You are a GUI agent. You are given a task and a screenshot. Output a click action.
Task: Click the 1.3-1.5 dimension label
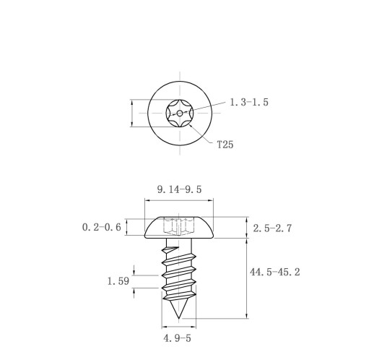pyautogui.click(x=249, y=102)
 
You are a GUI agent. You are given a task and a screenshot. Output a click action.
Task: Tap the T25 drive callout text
pyautogui.click(x=225, y=145)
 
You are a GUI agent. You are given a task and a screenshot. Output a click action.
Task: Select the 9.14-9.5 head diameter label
pyautogui.click(x=179, y=189)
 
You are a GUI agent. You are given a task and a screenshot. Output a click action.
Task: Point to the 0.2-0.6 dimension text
pyautogui.click(x=102, y=227)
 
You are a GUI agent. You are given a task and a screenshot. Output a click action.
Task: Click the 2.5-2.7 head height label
pyautogui.click(x=272, y=228)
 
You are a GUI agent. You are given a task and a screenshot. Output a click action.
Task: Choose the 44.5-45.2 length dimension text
pyautogui.click(x=275, y=272)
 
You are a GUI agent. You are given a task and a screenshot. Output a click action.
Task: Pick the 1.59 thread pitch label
pyautogui.click(x=118, y=281)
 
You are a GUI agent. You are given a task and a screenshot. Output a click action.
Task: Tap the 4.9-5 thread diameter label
pyautogui.click(x=177, y=338)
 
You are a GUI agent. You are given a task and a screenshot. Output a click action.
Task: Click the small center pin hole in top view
pyautogui.click(x=180, y=113)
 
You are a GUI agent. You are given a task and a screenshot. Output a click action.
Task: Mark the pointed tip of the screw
pyautogui.click(x=178, y=319)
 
